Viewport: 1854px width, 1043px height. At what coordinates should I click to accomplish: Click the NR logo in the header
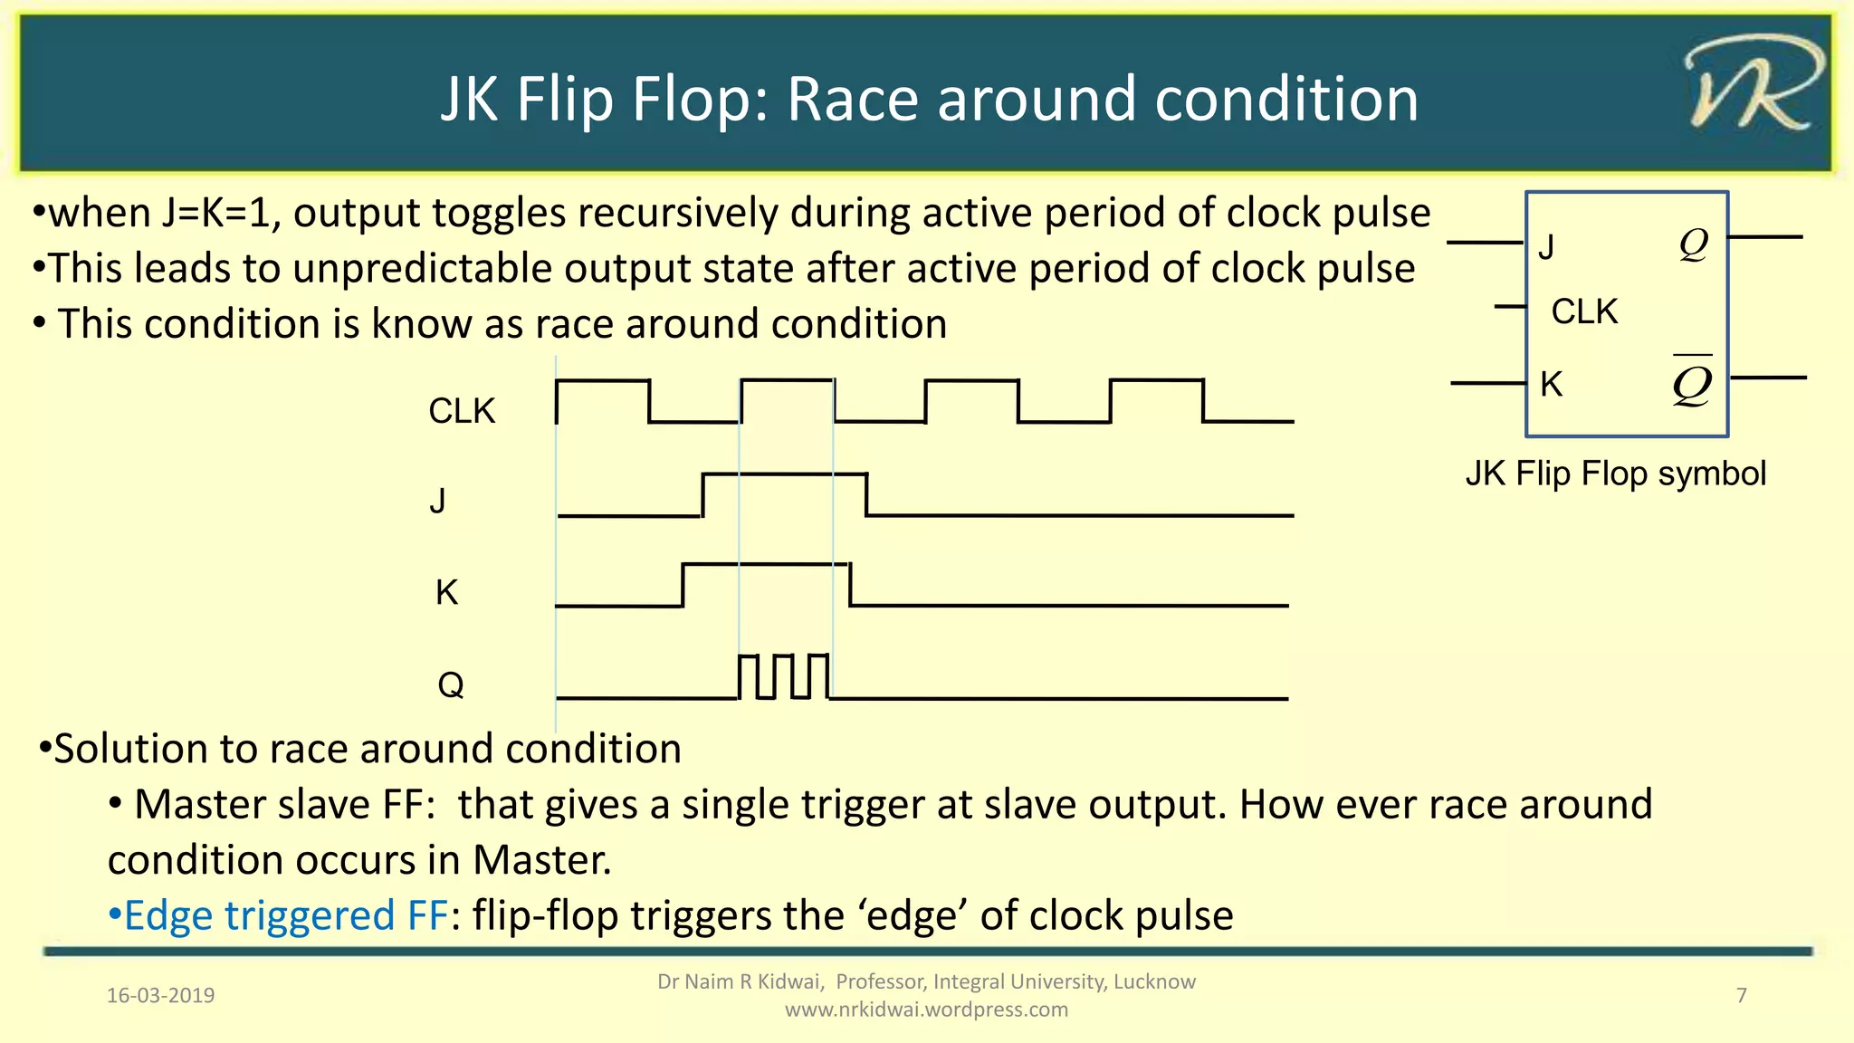[1753, 86]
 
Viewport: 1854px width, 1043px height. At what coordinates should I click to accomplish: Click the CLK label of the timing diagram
[462, 411]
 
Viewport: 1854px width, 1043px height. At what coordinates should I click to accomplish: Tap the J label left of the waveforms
[438, 500]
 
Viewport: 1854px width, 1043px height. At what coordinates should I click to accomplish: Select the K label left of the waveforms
[446, 593]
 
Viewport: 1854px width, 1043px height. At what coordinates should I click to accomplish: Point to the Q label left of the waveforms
[450, 684]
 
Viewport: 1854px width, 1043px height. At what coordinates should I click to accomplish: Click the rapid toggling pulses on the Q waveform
[784, 676]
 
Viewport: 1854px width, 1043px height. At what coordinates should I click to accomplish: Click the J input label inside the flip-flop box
[1547, 247]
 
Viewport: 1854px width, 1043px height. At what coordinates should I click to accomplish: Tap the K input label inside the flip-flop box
[1552, 385]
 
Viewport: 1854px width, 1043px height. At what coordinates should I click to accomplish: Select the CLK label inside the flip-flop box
[1584, 311]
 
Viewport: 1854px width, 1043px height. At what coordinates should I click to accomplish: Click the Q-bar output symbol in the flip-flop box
[1692, 381]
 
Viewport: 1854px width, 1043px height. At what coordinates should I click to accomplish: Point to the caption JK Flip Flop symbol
[1615, 474]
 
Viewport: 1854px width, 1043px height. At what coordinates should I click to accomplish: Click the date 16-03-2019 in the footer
[161, 996]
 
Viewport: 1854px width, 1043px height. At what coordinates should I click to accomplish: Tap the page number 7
[1741, 996]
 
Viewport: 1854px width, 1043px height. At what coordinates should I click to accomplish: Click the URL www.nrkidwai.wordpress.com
[926, 1010]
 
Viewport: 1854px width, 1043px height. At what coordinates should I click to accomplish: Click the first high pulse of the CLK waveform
[603, 382]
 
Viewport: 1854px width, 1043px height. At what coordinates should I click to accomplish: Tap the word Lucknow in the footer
[1154, 982]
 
